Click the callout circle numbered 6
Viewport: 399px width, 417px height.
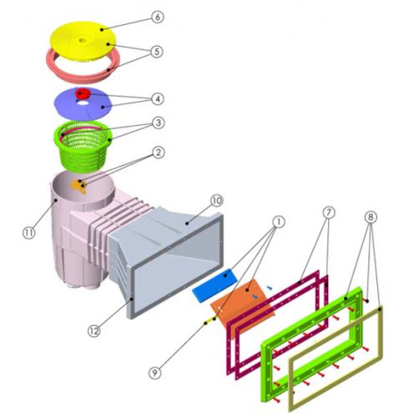[x=158, y=17]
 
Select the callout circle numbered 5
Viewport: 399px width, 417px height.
[x=157, y=52]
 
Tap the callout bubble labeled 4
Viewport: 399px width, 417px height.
[x=158, y=98]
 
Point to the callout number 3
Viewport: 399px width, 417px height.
[x=159, y=123]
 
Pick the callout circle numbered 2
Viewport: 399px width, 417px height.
[x=159, y=153]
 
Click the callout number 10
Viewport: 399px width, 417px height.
[x=217, y=200]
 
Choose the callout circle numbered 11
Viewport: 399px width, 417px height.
[x=29, y=233]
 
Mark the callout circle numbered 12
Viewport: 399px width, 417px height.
[x=94, y=331]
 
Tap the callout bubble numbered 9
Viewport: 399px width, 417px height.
[x=155, y=372]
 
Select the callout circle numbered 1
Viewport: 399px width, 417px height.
[x=279, y=222]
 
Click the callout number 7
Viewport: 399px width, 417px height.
[x=329, y=213]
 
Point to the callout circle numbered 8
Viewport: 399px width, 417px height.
[x=371, y=217]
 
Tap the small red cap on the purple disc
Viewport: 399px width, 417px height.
[x=83, y=93]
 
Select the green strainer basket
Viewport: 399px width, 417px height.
[x=83, y=144]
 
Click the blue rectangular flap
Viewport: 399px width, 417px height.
[x=215, y=285]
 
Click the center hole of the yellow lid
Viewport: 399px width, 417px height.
[x=83, y=40]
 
